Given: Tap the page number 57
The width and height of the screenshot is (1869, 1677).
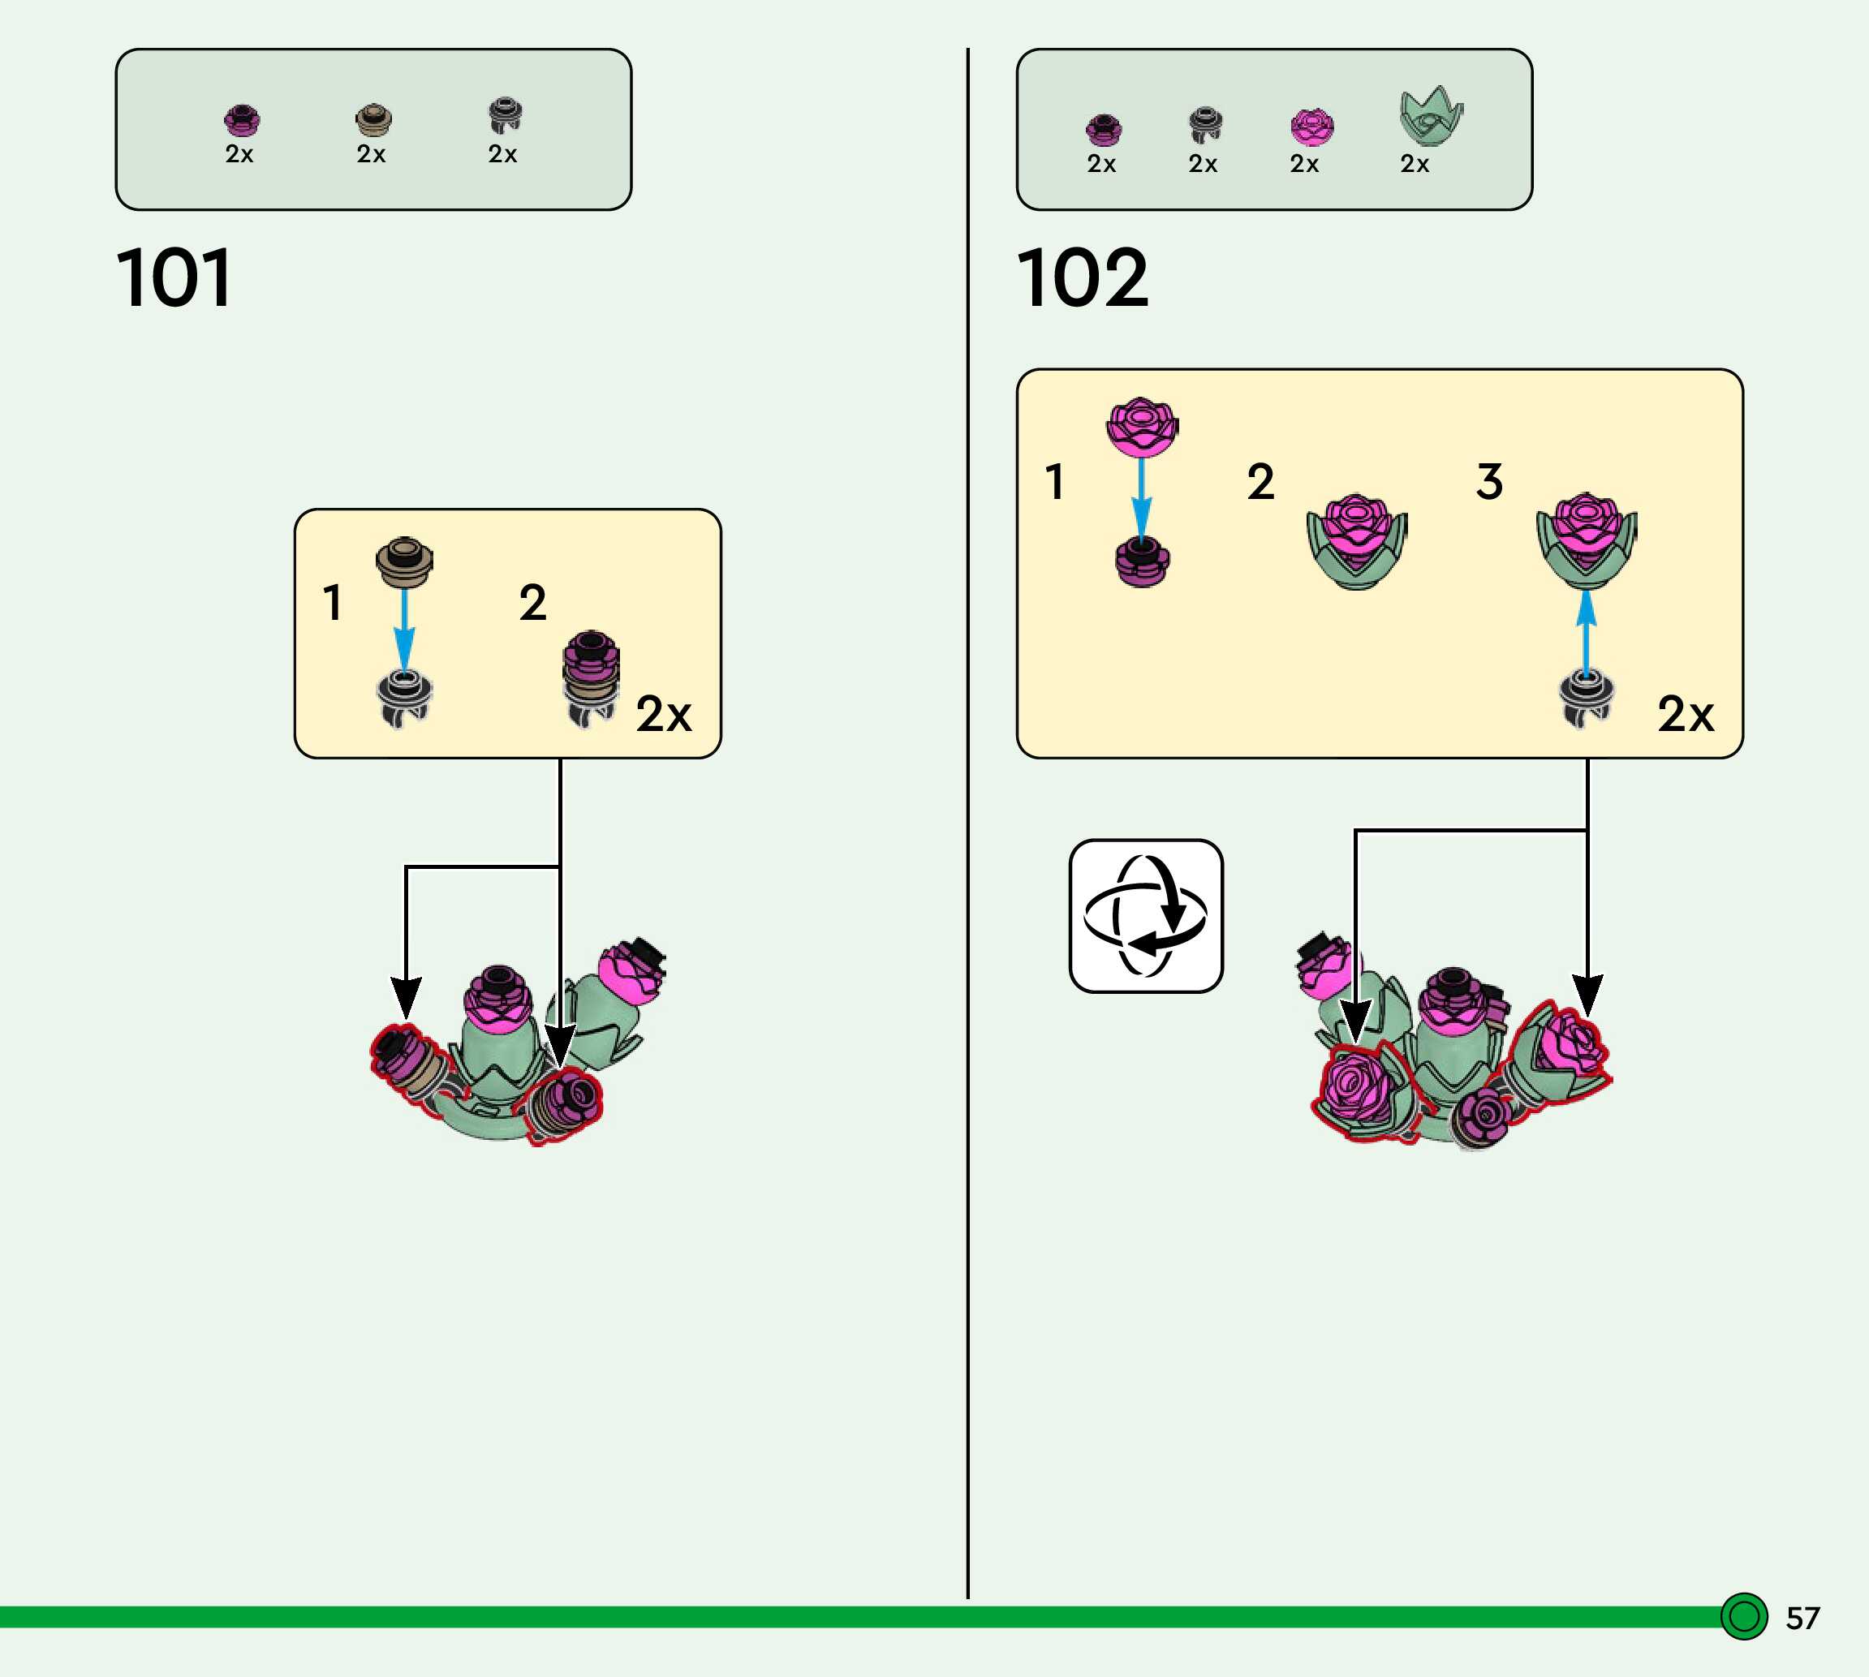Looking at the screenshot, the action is [1802, 1618].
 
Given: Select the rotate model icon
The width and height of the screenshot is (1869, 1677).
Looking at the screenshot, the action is [1146, 915].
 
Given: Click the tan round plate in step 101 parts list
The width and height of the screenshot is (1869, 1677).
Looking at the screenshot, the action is [373, 119].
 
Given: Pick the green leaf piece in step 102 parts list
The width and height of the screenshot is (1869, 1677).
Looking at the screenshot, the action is [1429, 117].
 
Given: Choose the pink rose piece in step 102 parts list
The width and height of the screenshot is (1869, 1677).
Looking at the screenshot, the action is [1311, 127].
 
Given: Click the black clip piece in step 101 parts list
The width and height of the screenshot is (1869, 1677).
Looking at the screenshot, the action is [505, 115].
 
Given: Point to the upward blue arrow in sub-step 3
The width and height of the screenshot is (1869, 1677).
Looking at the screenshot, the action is [1585, 632].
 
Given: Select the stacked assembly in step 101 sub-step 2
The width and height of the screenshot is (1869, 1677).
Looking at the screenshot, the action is [590, 678].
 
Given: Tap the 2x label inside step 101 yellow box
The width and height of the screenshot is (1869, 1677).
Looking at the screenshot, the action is [664, 714].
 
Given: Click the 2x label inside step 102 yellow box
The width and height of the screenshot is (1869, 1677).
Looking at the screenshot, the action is [1686, 714].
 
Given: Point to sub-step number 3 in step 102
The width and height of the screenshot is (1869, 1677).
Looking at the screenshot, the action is [1489, 481].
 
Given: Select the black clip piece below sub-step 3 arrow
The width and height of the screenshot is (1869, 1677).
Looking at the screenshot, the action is [1585, 699].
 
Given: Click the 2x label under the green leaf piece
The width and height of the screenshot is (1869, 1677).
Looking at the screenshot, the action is [1415, 164].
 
